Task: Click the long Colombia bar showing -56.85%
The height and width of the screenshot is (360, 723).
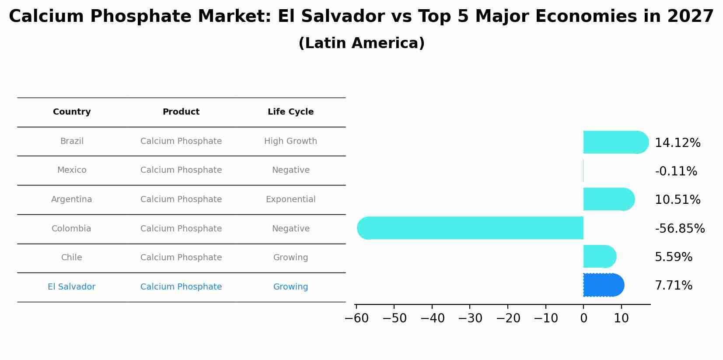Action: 470,228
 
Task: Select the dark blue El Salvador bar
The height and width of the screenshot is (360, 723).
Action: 603,285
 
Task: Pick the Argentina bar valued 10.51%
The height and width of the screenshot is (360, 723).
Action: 608,199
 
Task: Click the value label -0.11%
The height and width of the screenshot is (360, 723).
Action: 676,171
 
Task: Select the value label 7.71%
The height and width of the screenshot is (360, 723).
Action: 674,286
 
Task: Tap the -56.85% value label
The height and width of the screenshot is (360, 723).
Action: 680,229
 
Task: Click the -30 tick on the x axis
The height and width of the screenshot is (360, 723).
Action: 470,318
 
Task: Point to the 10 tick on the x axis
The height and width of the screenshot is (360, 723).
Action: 621,318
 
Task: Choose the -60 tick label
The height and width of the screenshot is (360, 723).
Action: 356,318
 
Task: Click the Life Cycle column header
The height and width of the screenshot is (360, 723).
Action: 290,112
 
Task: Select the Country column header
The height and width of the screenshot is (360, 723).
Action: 72,112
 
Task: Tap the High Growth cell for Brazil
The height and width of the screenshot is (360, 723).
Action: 290,141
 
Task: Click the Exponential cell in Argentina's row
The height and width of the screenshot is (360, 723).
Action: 290,199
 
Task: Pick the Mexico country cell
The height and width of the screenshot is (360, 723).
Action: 72,170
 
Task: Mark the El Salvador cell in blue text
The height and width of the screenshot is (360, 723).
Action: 72,287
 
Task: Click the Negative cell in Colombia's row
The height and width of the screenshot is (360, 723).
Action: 290,229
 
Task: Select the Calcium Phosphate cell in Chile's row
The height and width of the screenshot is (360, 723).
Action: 181,258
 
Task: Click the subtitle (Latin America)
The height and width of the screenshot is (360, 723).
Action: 361,43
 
